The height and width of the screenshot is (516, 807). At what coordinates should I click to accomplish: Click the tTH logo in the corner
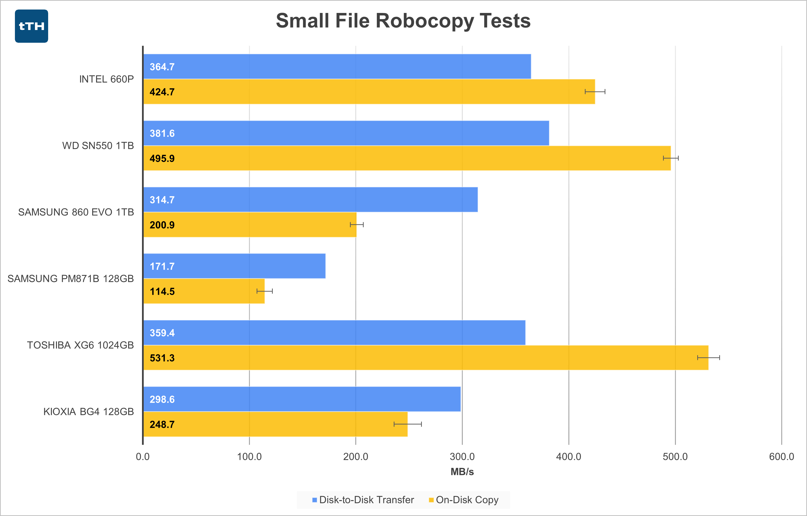32,26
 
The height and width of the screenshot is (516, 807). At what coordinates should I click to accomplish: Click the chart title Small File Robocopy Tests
403,21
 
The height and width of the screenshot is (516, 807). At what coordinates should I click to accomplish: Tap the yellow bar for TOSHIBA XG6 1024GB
426,358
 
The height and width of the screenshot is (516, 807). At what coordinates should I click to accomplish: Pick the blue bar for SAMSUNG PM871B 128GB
234,266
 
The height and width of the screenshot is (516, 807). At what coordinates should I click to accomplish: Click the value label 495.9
162,158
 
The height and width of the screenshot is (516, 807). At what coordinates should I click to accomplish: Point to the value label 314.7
162,200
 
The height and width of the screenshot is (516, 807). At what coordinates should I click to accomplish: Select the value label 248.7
162,424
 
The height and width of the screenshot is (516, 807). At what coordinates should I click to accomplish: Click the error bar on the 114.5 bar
264,291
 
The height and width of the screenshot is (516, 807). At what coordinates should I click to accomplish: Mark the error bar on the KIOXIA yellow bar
407,424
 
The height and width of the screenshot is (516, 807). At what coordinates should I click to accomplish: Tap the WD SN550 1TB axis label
98,146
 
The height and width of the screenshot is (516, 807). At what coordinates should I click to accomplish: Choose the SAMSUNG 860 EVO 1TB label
76,212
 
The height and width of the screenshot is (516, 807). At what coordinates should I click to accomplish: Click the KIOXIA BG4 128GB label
88,411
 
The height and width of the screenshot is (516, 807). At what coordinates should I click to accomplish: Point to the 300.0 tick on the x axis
462,457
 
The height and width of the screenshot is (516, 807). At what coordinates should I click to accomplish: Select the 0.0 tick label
143,457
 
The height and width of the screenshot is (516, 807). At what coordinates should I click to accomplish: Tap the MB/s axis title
462,472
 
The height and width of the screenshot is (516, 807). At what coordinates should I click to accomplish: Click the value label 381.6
162,133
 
